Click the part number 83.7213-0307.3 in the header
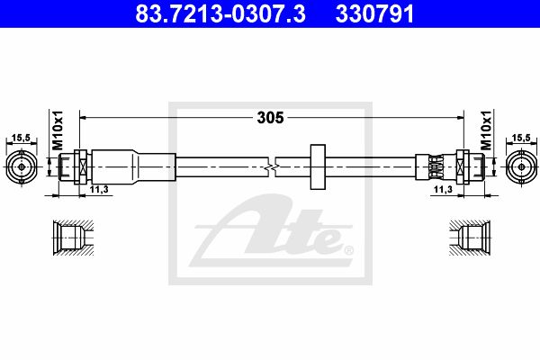click(220, 14)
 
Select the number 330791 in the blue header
click(374, 14)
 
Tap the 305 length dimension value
click(270, 118)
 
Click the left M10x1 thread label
click(58, 130)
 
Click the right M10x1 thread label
click(486, 130)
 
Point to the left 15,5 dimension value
click(21, 138)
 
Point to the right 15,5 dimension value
click(521, 138)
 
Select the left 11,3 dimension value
click(99, 189)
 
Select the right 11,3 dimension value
click(443, 189)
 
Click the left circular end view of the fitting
click(22, 166)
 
